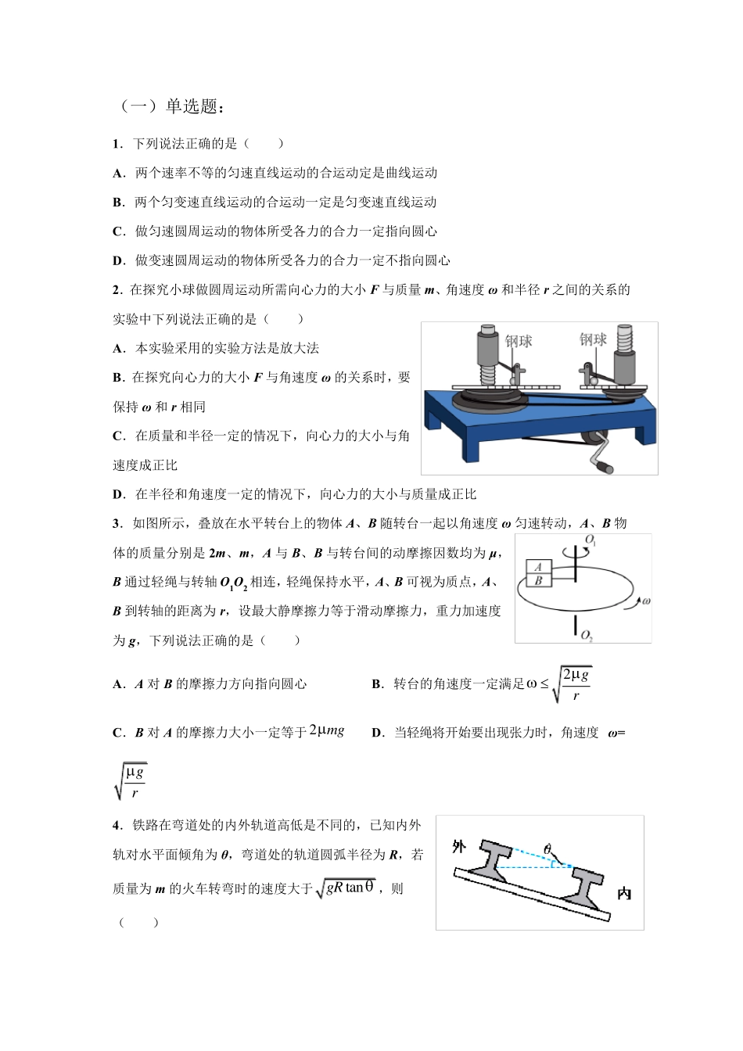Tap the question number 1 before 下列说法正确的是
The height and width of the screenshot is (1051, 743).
pyautogui.click(x=117, y=144)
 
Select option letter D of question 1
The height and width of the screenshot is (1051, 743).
pyautogui.click(x=118, y=260)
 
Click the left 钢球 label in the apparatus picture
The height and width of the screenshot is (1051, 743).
pyautogui.click(x=519, y=341)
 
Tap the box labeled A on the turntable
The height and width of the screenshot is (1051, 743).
pyautogui.click(x=539, y=568)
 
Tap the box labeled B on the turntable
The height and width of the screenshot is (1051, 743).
pyautogui.click(x=539, y=581)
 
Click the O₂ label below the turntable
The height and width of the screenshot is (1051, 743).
pyautogui.click(x=587, y=635)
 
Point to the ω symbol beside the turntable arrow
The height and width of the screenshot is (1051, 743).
pyautogui.click(x=645, y=601)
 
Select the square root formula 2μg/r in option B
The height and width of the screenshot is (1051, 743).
pyautogui.click(x=572, y=684)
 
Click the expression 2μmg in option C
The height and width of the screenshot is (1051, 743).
pyautogui.click(x=327, y=730)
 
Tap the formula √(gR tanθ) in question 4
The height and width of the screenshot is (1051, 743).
pyautogui.click(x=345, y=888)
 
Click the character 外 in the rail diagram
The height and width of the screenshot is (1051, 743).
pyautogui.click(x=459, y=847)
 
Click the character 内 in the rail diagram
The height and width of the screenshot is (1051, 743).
pyautogui.click(x=624, y=893)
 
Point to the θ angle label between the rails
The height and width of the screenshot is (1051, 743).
pyautogui.click(x=547, y=849)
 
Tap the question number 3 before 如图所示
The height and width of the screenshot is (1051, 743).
pyautogui.click(x=117, y=523)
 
